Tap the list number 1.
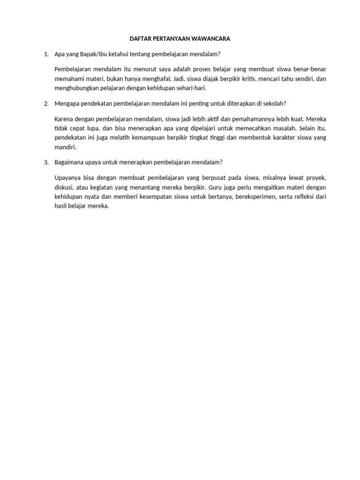[45, 54]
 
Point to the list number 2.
[45, 103]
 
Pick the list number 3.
[45, 162]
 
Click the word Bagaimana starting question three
[70, 162]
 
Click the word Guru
[216, 187]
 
